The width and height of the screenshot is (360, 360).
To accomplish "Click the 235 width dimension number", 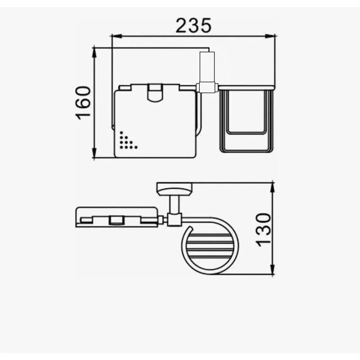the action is (x=193, y=26).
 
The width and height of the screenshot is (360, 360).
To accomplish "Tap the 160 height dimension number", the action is (x=83, y=102).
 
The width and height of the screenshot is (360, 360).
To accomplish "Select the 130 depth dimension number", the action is (x=263, y=230).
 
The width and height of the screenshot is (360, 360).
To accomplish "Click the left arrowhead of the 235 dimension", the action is (x=116, y=36).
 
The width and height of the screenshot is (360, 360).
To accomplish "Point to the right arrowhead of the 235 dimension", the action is (x=270, y=36).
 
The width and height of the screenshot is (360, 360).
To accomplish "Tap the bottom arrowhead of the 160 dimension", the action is (x=94, y=153).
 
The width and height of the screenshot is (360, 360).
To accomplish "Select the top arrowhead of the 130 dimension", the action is (x=272, y=187).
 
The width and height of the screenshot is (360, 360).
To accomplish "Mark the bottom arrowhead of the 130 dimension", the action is (x=272, y=269).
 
